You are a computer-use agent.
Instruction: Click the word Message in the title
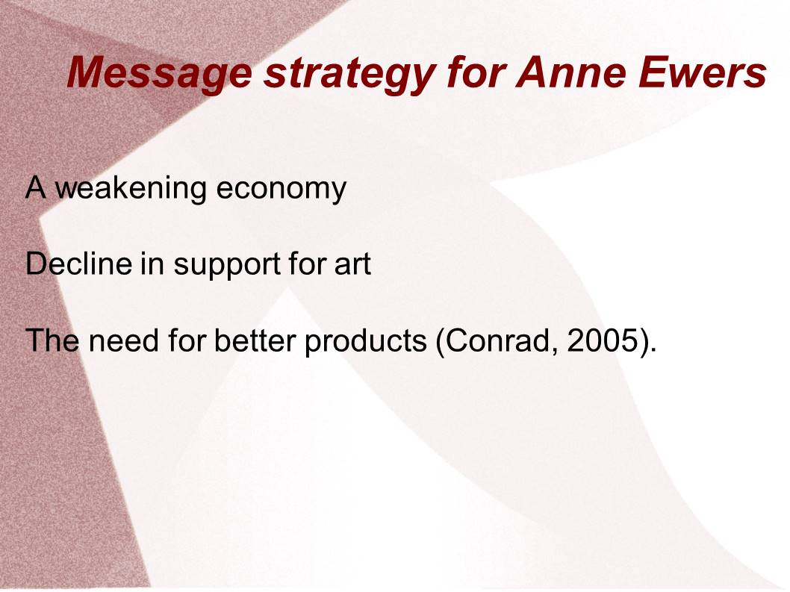159,73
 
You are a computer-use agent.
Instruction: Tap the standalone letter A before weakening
36,187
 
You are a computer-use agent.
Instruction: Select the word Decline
78,263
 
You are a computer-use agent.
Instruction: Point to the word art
352,264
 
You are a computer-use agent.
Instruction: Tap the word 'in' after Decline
152,263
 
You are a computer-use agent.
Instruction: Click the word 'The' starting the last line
52,340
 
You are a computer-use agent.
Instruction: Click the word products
366,342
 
